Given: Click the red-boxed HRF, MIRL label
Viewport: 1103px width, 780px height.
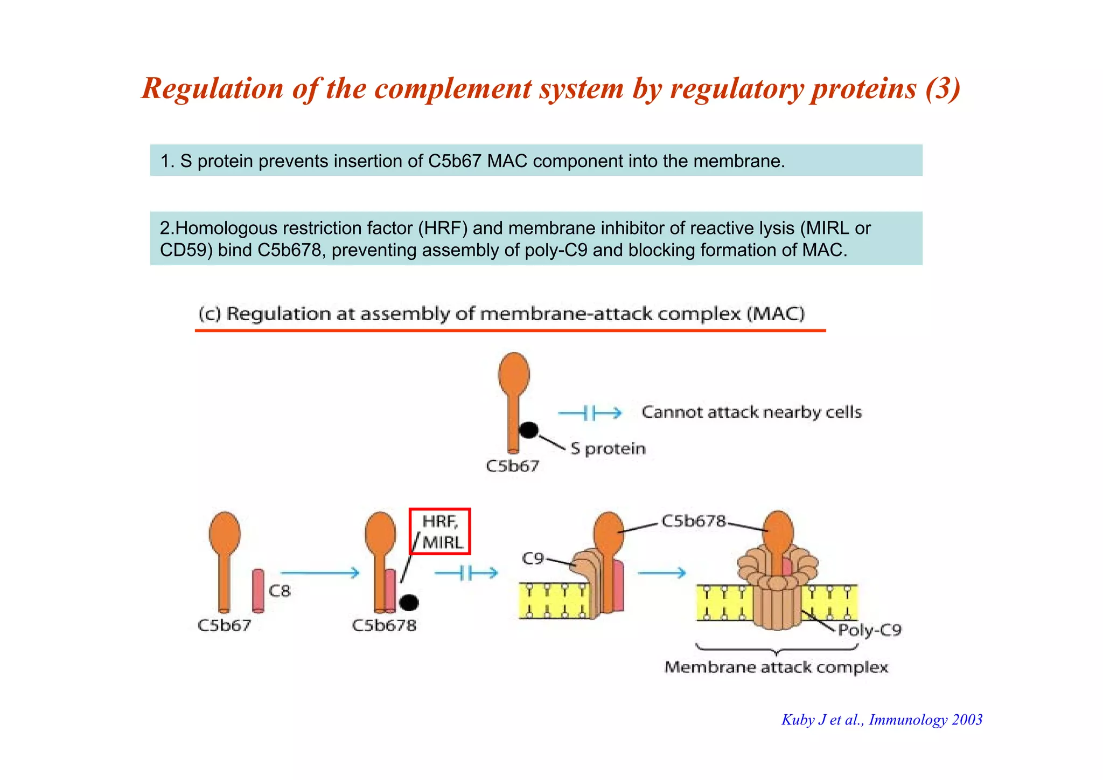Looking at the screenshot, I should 440,531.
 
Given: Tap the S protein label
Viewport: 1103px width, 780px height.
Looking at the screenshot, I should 608,448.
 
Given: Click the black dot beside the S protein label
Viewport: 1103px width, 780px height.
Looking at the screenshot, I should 528,430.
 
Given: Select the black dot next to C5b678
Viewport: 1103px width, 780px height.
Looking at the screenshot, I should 409,602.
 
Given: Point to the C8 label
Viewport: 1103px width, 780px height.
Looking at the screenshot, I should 280,591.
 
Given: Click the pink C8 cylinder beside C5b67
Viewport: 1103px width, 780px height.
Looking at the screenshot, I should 259,591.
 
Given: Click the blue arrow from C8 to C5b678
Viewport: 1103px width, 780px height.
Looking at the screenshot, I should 319,572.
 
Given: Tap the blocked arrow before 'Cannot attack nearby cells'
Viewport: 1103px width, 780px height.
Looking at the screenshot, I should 589,413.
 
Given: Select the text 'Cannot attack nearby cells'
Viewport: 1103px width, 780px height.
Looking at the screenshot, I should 752,412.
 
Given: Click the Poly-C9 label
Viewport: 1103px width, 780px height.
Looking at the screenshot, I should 869,630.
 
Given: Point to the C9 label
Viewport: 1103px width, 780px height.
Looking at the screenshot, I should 533,558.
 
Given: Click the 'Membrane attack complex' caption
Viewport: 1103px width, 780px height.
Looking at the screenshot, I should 776,667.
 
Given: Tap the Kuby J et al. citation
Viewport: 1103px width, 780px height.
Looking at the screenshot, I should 882,720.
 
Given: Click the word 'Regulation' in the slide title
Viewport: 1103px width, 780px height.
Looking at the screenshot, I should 212,88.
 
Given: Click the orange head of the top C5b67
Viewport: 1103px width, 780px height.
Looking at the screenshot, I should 514,373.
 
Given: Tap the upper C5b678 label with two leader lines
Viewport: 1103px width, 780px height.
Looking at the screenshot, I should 693,521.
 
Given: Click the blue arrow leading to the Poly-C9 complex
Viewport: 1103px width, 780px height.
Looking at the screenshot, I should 661,572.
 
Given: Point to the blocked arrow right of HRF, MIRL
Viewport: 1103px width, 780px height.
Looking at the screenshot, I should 466,573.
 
